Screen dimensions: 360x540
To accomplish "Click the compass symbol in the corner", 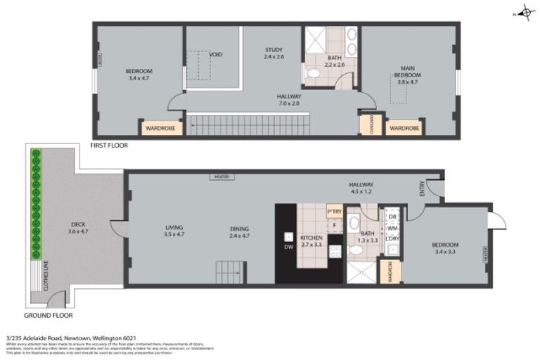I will tap(525, 13).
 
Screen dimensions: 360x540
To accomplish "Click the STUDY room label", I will tap(274, 49).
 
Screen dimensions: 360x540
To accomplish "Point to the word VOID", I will tap(216, 54).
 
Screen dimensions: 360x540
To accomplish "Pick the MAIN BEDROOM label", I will tap(408, 72).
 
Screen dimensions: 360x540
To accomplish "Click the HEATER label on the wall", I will tap(217, 177).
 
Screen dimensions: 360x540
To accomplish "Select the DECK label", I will tap(77, 225).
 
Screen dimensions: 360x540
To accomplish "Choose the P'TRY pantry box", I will tap(334, 211).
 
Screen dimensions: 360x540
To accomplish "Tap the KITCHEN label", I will tap(311, 237).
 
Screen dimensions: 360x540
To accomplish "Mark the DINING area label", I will tap(240, 228).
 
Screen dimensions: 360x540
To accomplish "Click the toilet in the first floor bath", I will tap(314, 73).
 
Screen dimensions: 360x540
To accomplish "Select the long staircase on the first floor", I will tap(247, 125).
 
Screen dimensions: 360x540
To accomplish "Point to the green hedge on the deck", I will tap(35, 204).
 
